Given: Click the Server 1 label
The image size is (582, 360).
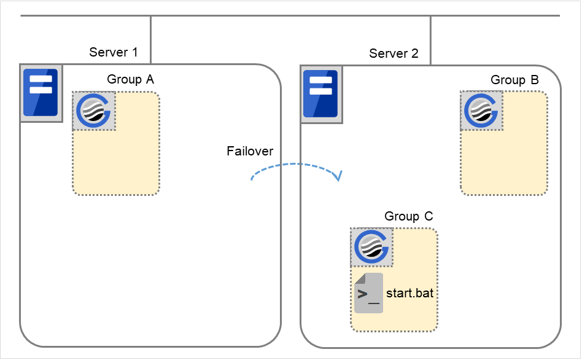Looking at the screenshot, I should pos(114,52).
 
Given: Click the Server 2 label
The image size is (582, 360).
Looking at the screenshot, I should pos(394,53).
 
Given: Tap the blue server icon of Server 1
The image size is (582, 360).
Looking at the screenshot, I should pos(41,93).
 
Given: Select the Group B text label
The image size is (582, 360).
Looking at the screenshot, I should pos(514,80).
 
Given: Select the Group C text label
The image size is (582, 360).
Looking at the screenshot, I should pos(408,216).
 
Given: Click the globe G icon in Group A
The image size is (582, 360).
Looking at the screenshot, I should pos(94,111).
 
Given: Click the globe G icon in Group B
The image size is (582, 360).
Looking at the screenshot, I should pos(482,111).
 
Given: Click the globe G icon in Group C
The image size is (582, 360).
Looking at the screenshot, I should pos(372,248).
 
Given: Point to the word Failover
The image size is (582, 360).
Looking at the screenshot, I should pos(250,151).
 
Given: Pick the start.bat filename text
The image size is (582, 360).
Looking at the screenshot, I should pos(409,293).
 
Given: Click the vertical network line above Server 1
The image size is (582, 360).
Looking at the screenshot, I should pos(150,39).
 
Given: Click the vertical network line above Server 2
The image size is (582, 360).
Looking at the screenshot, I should pos(430,39).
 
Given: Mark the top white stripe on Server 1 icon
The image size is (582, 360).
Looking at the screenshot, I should pos(41,79).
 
